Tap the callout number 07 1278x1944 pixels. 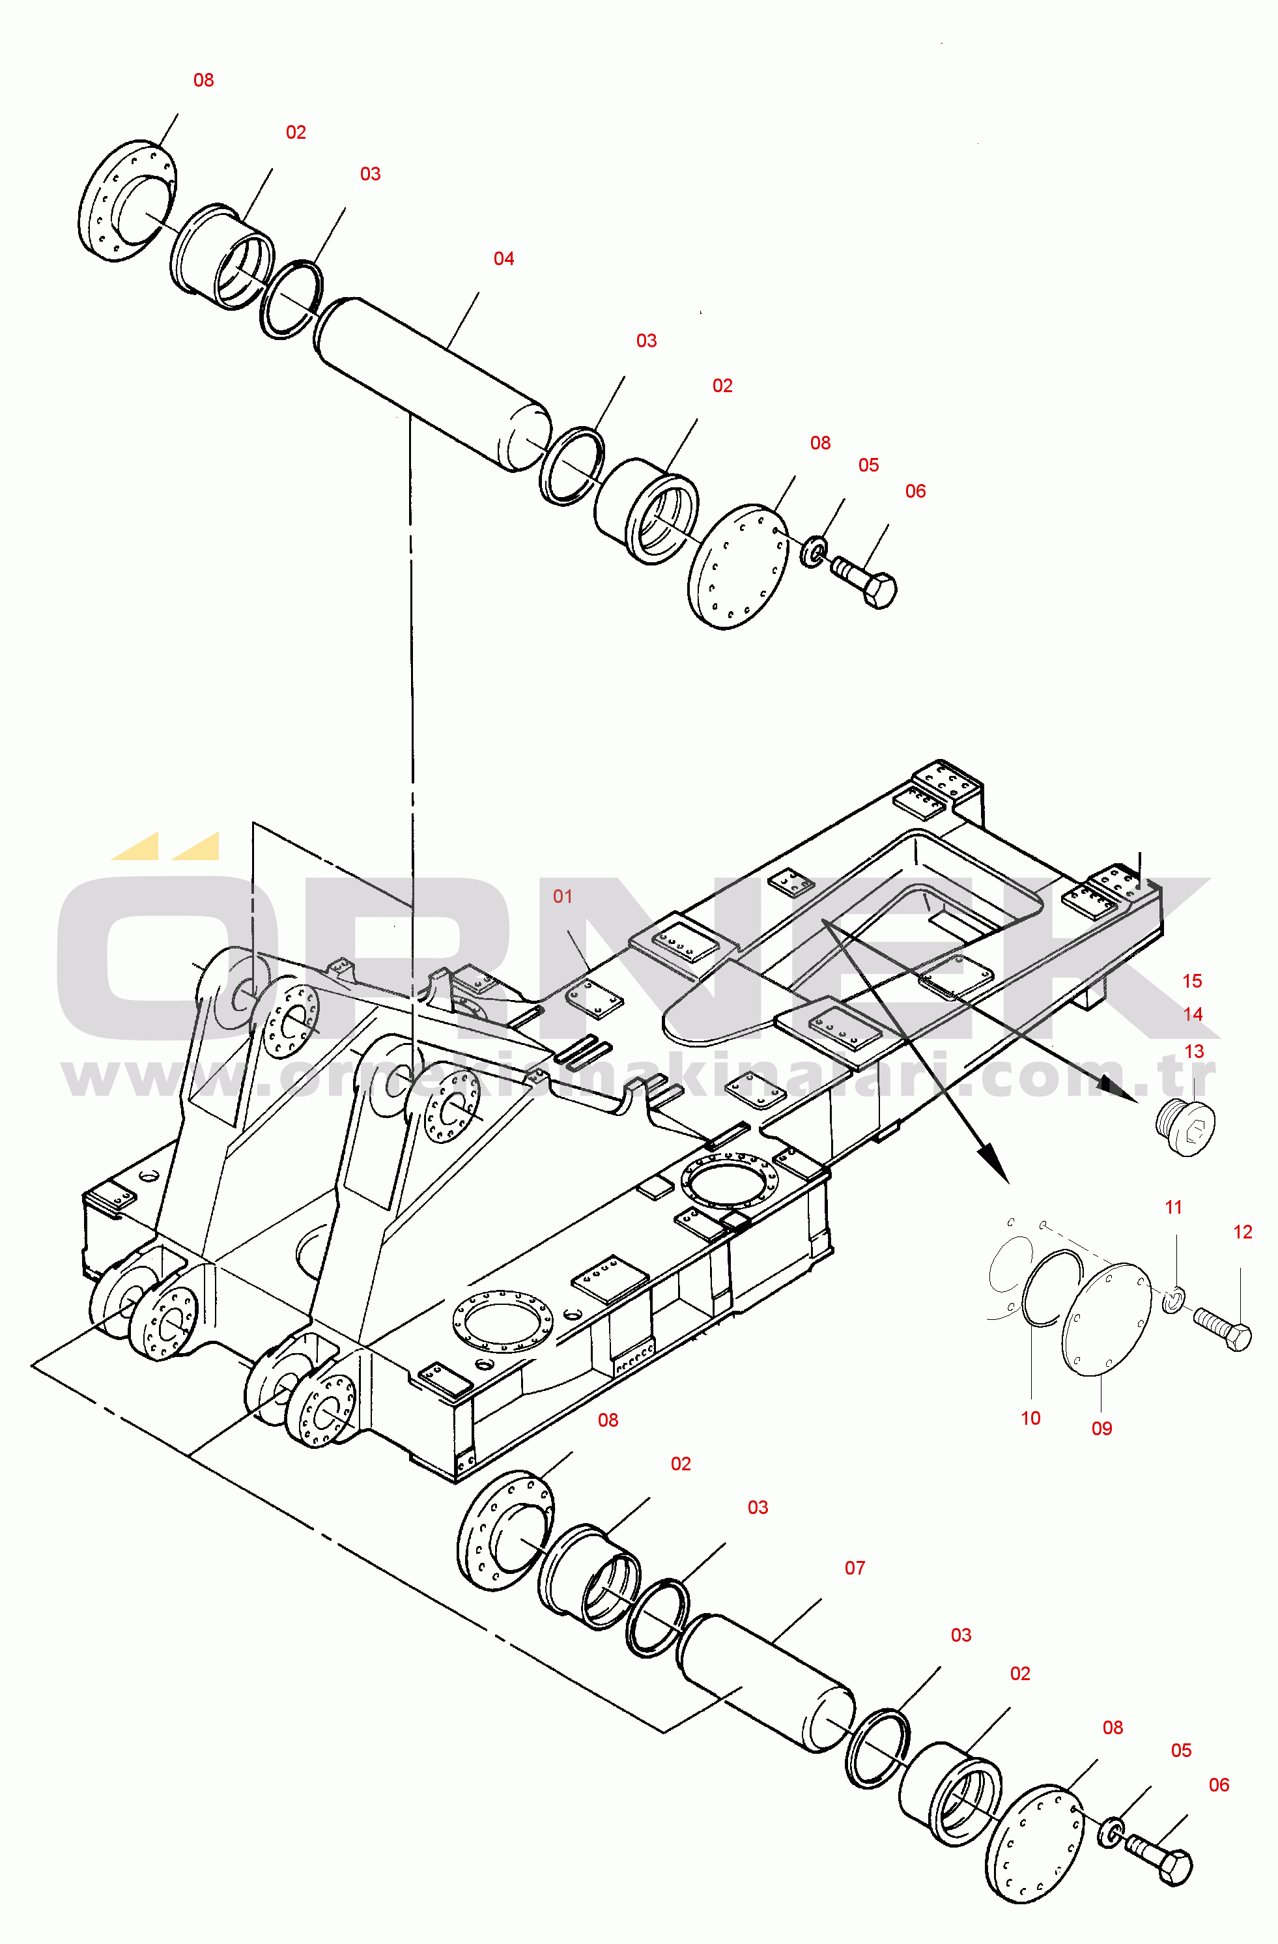click(x=854, y=1568)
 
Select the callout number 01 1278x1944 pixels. click(x=562, y=897)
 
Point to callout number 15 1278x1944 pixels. click(x=1191, y=981)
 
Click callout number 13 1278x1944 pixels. click(x=1193, y=1052)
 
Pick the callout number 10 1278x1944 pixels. click(x=1030, y=1419)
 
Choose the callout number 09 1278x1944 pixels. click(x=1101, y=1429)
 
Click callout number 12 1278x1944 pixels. click(x=1242, y=1232)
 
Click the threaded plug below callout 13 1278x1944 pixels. click(x=1187, y=1128)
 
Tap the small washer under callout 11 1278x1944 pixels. click(x=1172, y=1300)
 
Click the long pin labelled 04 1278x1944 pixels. click(x=433, y=384)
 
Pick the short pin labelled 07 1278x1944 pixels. click(x=766, y=1684)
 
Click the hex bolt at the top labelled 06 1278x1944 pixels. click(x=864, y=580)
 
